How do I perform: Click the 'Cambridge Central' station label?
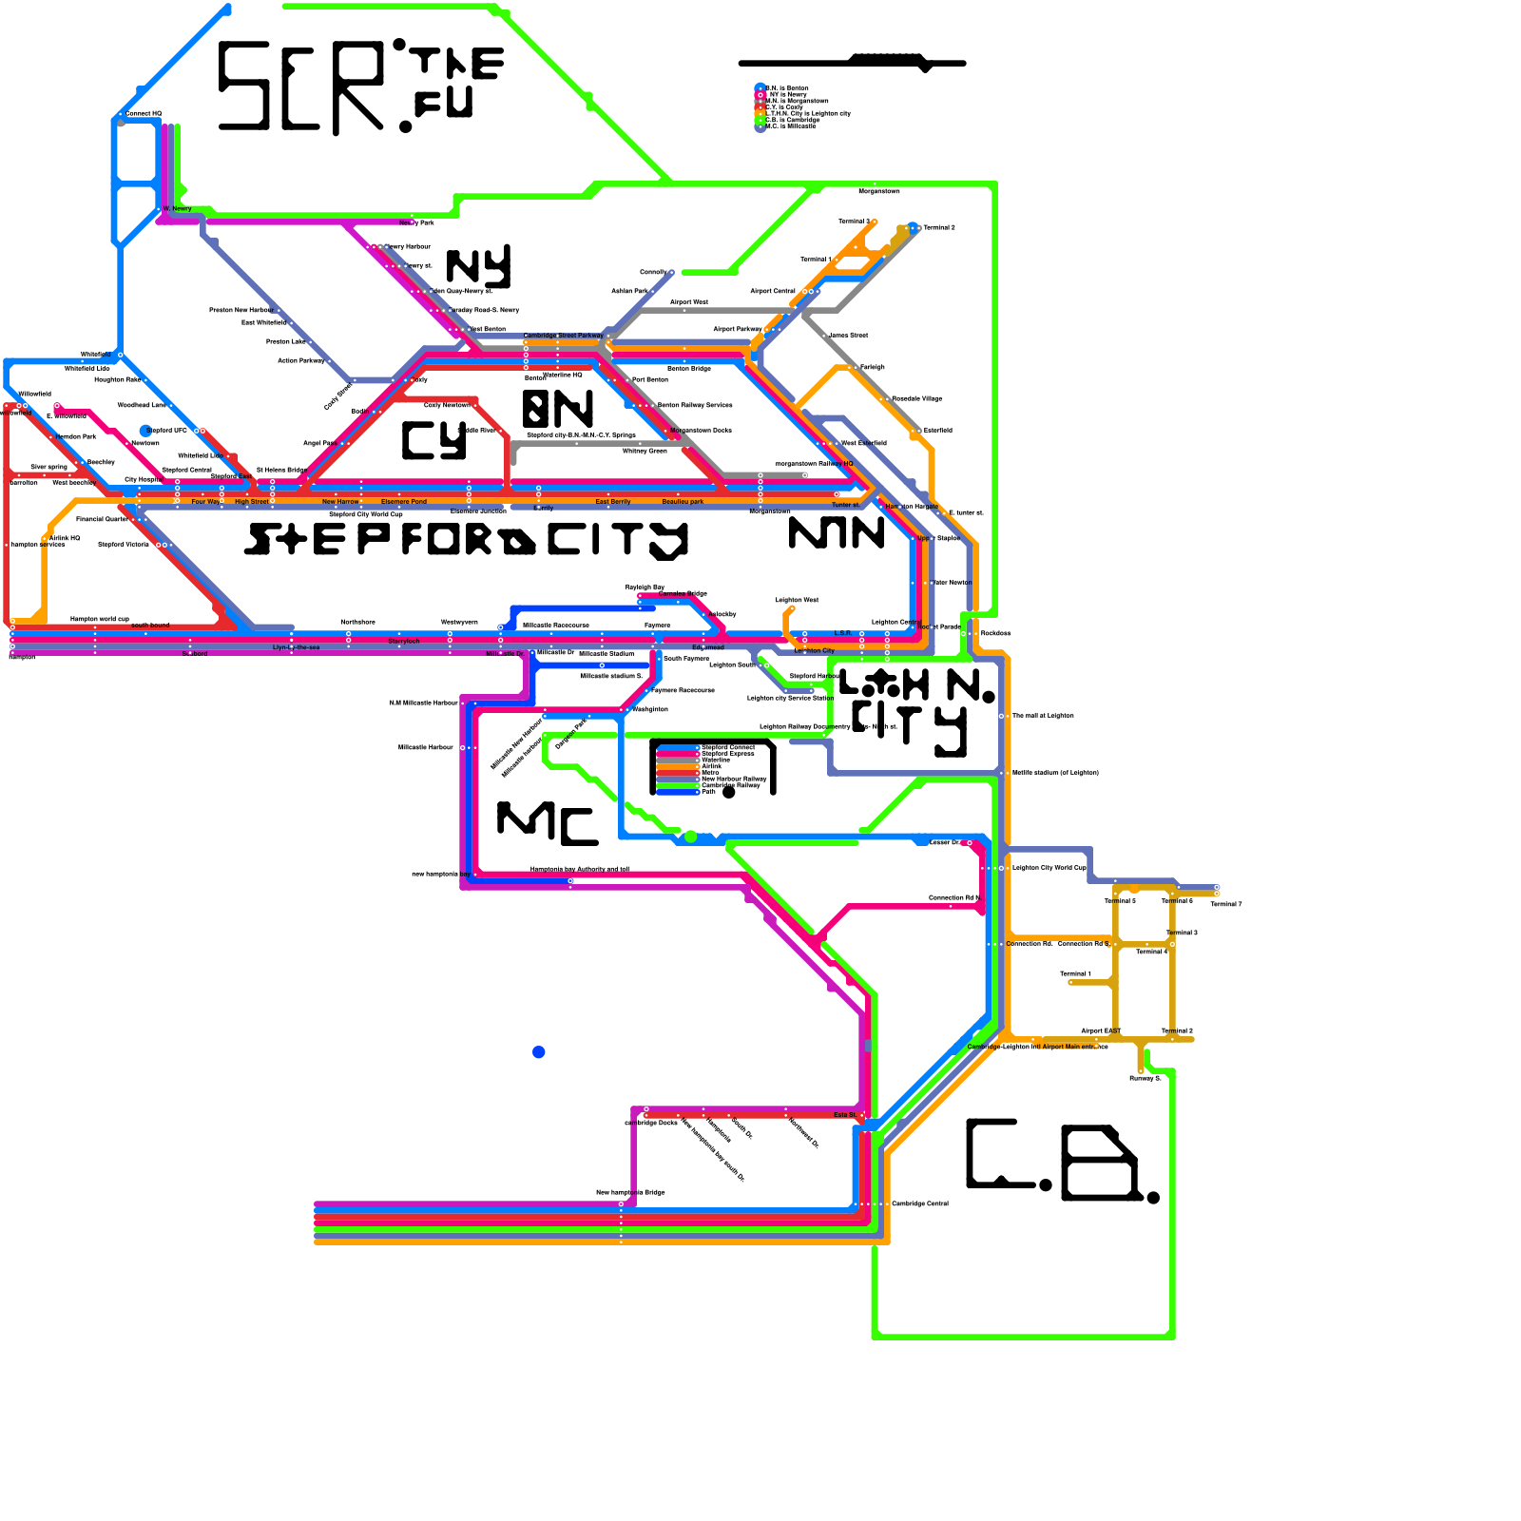click(x=919, y=1203)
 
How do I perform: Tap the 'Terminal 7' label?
click(x=1225, y=904)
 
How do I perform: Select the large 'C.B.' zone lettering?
click(x=1060, y=1162)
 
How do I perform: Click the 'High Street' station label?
click(x=251, y=501)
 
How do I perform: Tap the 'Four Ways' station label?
click(x=206, y=501)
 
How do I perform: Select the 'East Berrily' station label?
click(x=612, y=501)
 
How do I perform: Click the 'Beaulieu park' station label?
click(x=683, y=501)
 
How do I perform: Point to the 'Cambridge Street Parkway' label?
click(x=563, y=336)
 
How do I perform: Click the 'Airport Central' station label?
click(x=772, y=291)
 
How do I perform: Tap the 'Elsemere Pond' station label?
click(x=404, y=501)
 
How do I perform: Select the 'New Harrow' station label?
click(x=340, y=501)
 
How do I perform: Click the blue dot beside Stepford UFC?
click(x=145, y=431)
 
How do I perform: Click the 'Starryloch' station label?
click(x=403, y=642)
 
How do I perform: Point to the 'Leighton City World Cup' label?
click(x=1049, y=867)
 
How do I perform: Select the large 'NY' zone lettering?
click(x=478, y=266)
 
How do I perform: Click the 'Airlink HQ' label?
click(x=65, y=538)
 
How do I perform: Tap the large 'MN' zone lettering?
click(x=837, y=533)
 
